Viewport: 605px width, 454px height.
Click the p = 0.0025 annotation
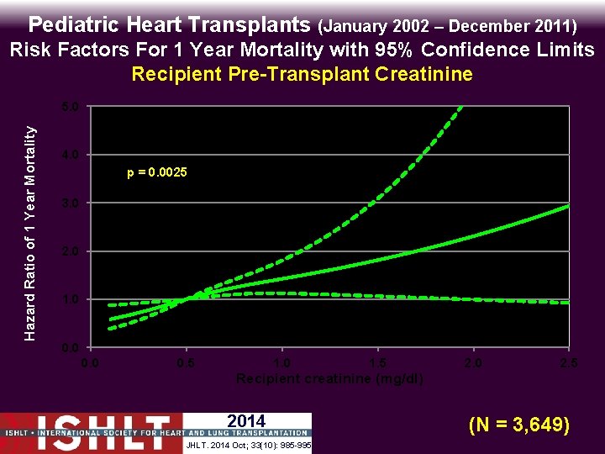pyautogui.click(x=157, y=172)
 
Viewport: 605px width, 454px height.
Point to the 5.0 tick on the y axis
pyautogui.click(x=71, y=108)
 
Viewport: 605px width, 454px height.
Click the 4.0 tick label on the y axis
pyautogui.click(x=71, y=156)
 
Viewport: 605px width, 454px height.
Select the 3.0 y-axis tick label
pyautogui.click(x=71, y=203)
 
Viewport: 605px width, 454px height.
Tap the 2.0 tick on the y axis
pyautogui.click(x=71, y=251)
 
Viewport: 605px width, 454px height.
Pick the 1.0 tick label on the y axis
pyautogui.click(x=71, y=299)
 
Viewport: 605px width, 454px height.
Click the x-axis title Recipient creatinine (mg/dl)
pyautogui.click(x=329, y=378)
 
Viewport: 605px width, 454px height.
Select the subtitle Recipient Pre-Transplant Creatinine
pyautogui.click(x=302, y=74)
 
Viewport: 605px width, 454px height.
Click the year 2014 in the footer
pyautogui.click(x=246, y=421)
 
